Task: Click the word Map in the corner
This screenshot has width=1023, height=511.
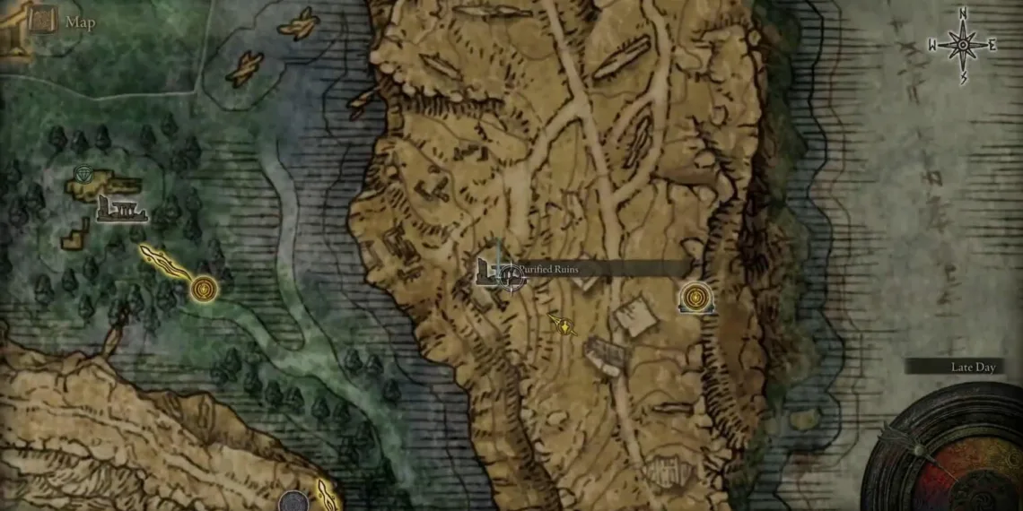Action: tap(79, 22)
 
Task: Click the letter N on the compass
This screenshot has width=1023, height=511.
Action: tap(962, 13)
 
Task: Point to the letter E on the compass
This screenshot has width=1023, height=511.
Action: tap(992, 46)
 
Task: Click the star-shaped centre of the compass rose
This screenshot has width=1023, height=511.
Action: tap(963, 45)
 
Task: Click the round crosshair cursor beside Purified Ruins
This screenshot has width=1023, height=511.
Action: tap(511, 277)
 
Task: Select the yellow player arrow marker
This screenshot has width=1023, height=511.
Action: tap(563, 325)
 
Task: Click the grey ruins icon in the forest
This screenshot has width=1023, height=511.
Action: tap(119, 209)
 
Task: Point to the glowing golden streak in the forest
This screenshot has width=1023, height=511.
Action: tap(166, 264)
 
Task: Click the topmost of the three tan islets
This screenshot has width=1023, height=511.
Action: tap(299, 24)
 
